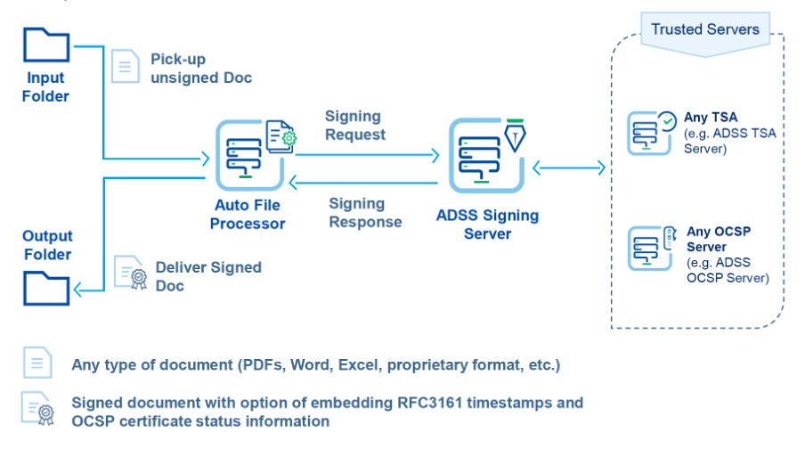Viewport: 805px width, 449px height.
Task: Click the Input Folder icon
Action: (46, 45)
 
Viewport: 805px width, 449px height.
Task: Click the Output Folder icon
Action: (46, 289)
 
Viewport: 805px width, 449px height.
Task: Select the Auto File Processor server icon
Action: (249, 155)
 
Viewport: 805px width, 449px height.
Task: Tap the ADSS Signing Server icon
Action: (486, 156)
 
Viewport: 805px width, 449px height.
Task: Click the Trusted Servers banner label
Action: (705, 29)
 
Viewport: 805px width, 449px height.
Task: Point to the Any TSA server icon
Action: (649, 133)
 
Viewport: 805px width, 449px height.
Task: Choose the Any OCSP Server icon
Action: (649, 249)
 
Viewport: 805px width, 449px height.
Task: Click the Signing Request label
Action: (354, 126)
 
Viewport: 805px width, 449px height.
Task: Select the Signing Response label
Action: (365, 213)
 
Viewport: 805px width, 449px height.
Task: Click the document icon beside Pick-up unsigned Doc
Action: (126, 66)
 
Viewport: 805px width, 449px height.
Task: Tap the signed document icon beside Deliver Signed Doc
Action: (130, 273)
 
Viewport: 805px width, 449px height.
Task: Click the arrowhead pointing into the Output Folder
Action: (78, 290)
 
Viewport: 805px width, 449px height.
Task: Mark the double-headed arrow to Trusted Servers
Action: (569, 167)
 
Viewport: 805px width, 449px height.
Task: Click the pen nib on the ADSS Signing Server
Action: (515, 135)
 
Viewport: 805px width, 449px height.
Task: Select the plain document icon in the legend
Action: (37, 363)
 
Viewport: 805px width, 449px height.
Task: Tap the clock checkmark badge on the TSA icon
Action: (667, 121)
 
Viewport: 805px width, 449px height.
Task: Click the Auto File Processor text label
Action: (248, 214)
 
